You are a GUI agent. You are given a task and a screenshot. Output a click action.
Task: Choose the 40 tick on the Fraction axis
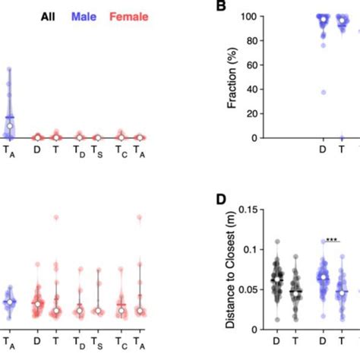[x=259, y=90]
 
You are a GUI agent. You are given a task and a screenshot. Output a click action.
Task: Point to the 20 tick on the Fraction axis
[x=259, y=114]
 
